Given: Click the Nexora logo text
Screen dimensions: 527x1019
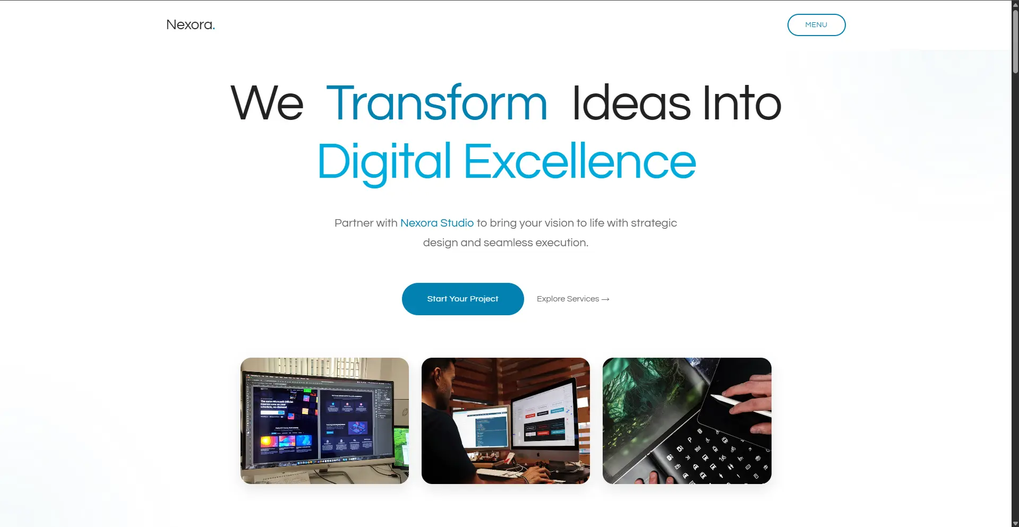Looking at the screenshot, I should point(189,25).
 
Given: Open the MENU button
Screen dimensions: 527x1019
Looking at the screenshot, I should point(816,25).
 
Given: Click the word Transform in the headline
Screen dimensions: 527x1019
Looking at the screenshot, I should point(436,103).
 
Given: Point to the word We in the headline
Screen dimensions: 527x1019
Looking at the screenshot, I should point(267,103).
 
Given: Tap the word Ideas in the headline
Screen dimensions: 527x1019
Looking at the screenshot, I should point(631,103).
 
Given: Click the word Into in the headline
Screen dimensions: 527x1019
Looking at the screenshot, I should point(742,103).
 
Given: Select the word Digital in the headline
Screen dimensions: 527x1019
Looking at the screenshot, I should point(384,162).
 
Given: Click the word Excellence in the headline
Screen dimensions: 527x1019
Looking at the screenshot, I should point(580,162).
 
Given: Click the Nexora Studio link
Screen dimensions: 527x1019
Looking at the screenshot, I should point(436,223).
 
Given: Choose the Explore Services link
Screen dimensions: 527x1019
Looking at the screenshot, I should point(568,299).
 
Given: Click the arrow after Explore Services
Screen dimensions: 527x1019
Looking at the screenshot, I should point(605,299).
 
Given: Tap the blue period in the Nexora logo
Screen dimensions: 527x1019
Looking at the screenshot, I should point(213,28).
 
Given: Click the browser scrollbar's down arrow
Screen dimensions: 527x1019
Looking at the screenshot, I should point(1015,523).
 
